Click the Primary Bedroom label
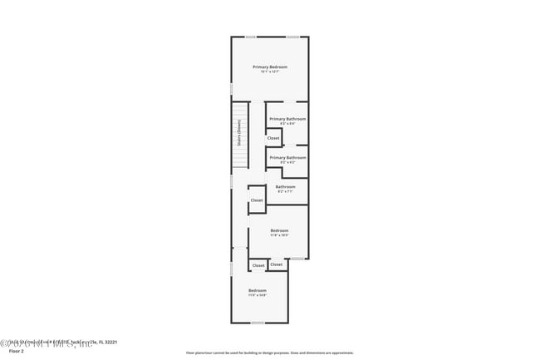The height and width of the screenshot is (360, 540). (270, 67)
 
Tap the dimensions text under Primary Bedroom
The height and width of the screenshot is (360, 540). (270, 72)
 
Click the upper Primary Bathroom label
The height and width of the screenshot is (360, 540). (287, 119)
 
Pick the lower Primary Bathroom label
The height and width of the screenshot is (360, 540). (287, 157)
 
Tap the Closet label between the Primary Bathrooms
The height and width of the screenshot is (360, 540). (273, 138)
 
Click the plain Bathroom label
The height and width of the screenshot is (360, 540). (286, 187)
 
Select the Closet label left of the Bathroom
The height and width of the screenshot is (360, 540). (257, 200)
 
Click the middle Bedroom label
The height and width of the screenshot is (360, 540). (279, 230)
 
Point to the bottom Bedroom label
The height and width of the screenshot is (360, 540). (258, 290)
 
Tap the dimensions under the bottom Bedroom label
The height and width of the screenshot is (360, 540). (258, 295)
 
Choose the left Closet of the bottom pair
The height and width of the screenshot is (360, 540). (258, 265)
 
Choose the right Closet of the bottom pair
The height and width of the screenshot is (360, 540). (276, 264)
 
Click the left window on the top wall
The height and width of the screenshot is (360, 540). (250, 37)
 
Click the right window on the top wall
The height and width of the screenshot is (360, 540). (292, 37)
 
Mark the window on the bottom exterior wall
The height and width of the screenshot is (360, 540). (258, 323)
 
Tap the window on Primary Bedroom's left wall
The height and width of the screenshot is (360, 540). (232, 88)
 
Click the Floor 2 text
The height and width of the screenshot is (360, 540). (17, 352)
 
